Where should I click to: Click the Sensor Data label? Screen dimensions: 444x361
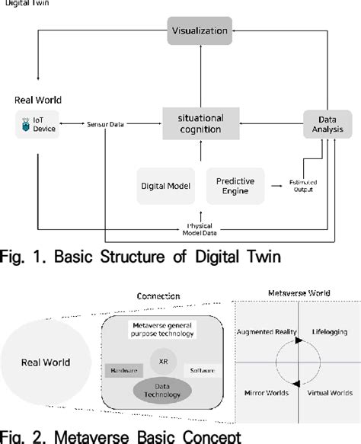point(107,123)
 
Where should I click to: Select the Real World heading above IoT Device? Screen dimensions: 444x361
point(38,100)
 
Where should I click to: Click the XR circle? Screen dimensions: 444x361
point(164,358)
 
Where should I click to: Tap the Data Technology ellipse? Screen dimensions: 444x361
point(164,391)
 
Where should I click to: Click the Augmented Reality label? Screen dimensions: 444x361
point(267,333)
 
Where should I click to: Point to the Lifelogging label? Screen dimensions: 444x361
point(329,333)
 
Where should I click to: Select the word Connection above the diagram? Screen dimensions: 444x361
point(158,295)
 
